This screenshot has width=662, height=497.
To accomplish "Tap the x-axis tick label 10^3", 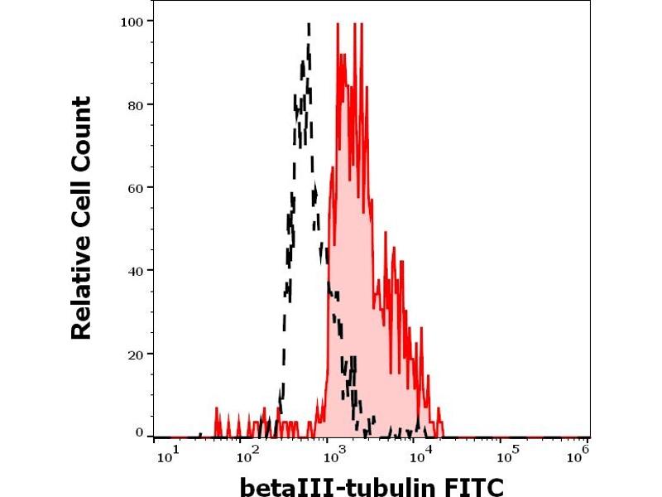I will tap(336, 453).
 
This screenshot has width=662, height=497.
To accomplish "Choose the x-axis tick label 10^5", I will tap(509, 453).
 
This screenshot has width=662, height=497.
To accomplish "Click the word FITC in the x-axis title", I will tap(475, 485).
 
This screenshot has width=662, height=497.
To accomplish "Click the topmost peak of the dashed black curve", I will tap(309, 26).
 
